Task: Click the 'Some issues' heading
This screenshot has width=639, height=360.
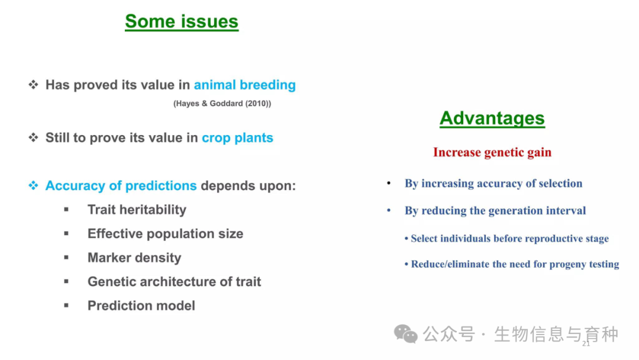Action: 182,21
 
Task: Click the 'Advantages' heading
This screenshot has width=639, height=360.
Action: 492,118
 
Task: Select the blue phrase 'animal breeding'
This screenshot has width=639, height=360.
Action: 244,85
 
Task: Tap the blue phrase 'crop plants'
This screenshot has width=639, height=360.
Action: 237,138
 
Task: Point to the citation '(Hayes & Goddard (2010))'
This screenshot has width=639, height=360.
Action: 222,104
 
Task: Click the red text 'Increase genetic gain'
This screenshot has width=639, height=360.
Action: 492,152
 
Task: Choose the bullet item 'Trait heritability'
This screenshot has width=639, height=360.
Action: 137,210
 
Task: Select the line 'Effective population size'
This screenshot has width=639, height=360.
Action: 165,234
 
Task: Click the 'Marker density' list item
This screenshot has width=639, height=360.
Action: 134,258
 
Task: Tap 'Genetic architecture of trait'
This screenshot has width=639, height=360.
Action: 174,282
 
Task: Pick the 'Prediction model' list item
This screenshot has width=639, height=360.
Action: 141,306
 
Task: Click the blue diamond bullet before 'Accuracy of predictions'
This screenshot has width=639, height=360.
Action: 33,185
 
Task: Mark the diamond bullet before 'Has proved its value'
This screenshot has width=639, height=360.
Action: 33,85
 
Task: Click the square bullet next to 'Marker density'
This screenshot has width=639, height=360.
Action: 66,257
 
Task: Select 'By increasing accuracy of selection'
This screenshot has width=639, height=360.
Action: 493,184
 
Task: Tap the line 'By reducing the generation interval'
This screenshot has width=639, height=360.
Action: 495,210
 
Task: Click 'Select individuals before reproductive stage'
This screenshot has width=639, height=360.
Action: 506,239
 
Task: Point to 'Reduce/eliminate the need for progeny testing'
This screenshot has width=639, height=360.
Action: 512,264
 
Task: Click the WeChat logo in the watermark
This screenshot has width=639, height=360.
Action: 405,334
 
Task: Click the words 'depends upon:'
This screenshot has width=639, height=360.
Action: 248,186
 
